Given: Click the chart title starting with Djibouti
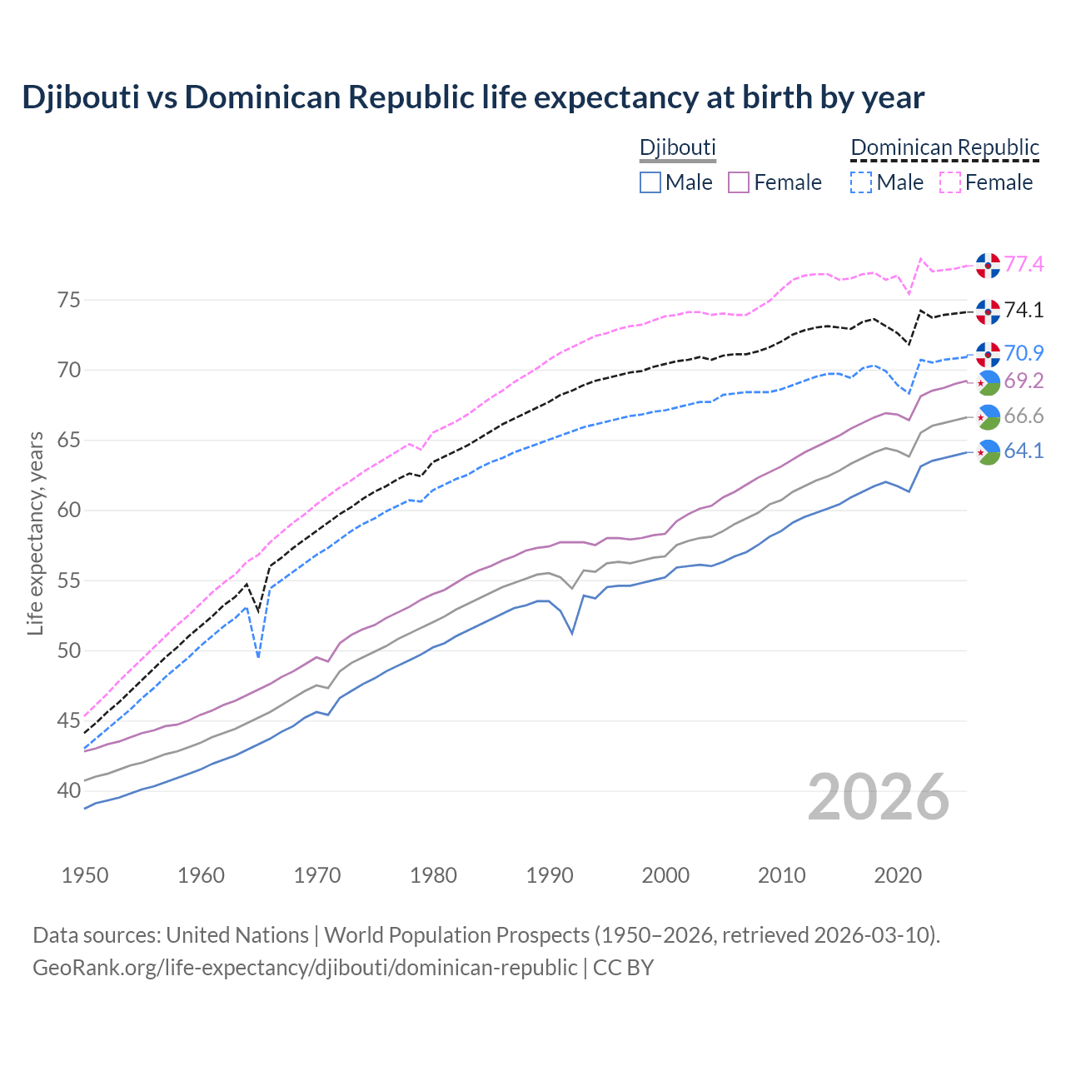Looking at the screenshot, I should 472,97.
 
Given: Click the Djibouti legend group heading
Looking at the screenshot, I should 677,147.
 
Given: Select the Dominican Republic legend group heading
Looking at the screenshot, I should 944,147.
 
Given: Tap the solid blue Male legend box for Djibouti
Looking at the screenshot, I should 650,182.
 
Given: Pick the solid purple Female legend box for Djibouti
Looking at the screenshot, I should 739,182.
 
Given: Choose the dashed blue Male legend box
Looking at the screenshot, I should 861,182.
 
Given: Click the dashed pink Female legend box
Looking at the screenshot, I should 949,182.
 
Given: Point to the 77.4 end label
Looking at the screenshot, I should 1024,265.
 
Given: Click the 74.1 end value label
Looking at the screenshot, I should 1024,311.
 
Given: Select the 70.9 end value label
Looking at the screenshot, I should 1024,353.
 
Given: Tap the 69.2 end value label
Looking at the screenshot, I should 1024,381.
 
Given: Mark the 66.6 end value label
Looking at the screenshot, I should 1024,416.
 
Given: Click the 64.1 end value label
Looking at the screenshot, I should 1024,451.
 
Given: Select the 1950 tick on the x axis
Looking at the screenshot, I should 85,875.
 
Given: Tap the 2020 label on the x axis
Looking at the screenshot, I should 898,875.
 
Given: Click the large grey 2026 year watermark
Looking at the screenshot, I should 879,797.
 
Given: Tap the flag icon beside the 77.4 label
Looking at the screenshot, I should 988,265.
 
